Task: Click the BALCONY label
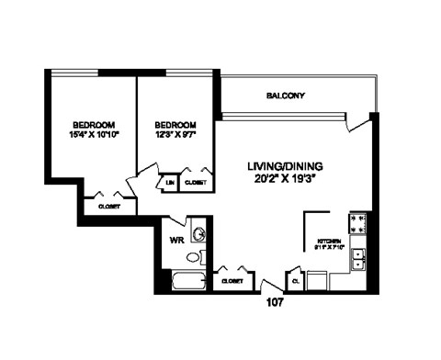coord(286,96)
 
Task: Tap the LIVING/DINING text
coord(284,166)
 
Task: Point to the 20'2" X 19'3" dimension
coord(284,181)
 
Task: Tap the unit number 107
coord(275,299)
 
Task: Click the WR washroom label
coord(177,242)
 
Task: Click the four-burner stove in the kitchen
coord(358,224)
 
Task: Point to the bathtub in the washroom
coord(191,279)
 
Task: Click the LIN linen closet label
coord(170,183)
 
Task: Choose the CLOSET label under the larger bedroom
coord(111,208)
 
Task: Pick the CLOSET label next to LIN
coord(195,183)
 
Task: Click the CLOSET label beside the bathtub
coord(231,280)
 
